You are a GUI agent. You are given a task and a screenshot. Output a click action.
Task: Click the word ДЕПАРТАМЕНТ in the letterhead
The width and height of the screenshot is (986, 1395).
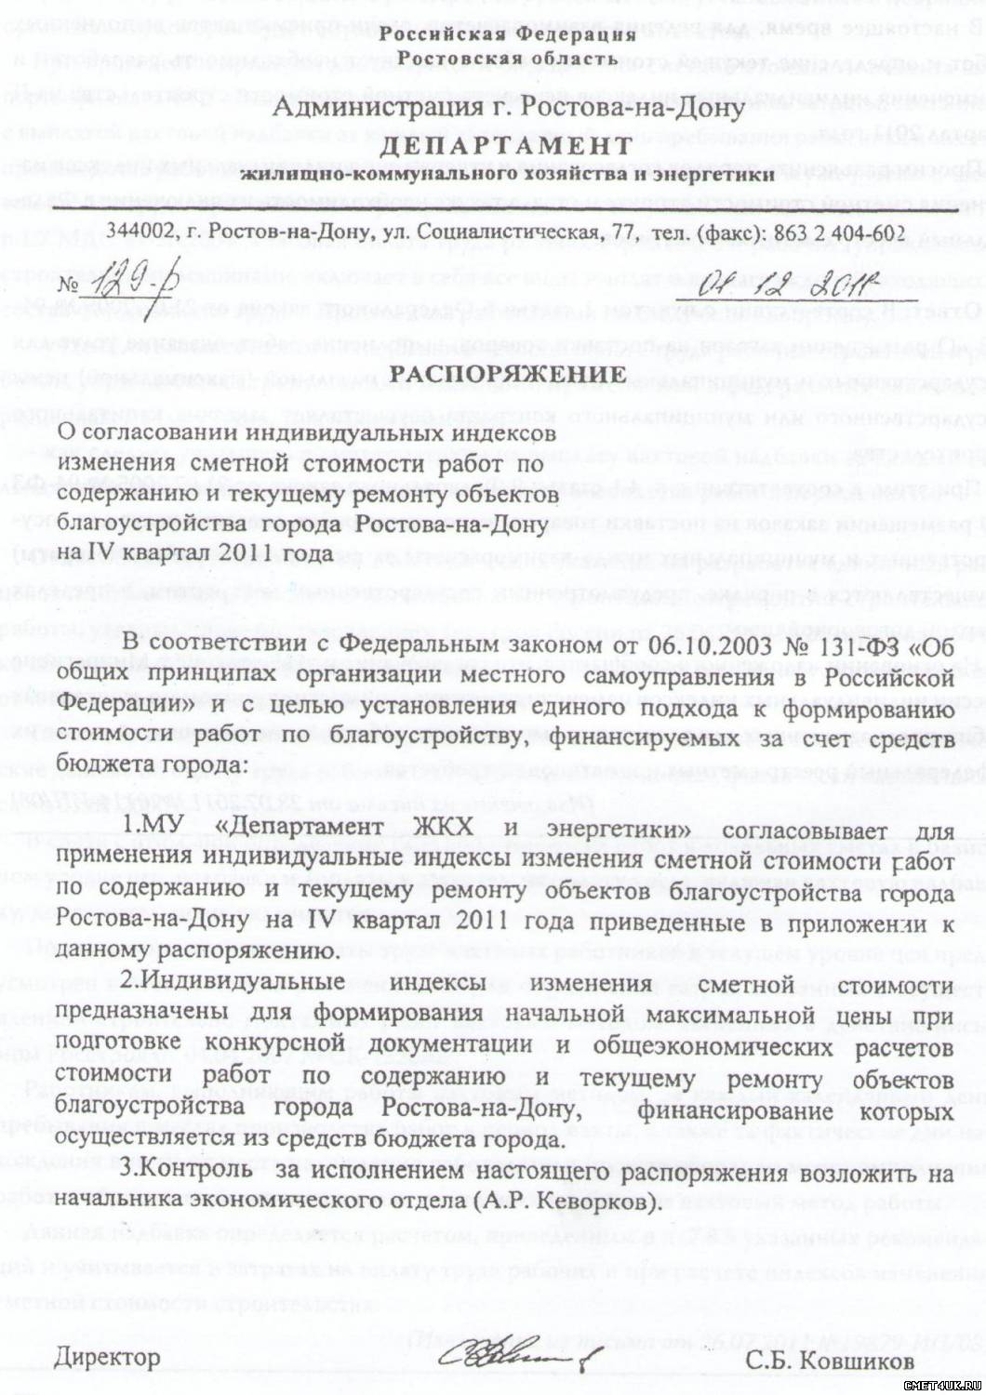coord(507,147)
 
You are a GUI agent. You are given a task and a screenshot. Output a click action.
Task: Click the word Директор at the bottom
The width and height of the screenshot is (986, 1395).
coord(107,1357)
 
